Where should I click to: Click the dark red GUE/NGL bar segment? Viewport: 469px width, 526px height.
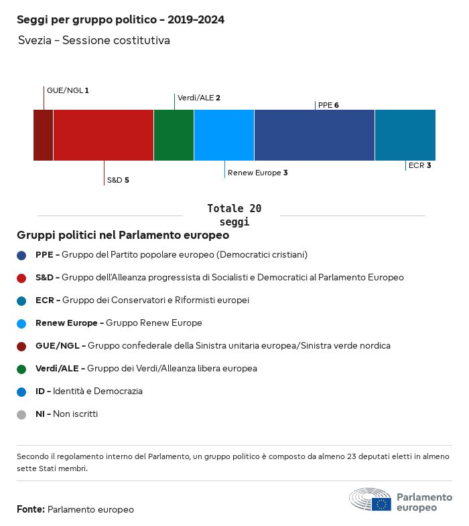click(44, 135)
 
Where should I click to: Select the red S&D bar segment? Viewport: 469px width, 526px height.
click(103, 135)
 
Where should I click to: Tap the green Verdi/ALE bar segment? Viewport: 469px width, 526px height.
click(174, 135)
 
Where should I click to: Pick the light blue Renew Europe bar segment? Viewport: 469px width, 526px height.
click(224, 135)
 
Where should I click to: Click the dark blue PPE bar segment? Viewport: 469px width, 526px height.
click(314, 135)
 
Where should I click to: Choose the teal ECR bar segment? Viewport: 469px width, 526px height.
click(405, 135)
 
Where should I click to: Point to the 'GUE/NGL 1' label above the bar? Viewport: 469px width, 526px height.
click(68, 90)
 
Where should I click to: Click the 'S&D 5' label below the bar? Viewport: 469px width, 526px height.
click(118, 180)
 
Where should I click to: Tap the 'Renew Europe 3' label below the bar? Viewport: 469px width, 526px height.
click(258, 173)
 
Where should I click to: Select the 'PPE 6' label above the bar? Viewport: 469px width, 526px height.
click(328, 105)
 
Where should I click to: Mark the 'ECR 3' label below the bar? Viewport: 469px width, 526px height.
click(419, 165)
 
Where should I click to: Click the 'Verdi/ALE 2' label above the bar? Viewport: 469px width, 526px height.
click(199, 98)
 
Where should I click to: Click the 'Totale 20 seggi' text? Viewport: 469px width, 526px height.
click(234, 215)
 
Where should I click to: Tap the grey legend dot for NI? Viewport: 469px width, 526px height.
click(21, 415)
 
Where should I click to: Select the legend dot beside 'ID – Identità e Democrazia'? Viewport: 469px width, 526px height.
click(21, 391)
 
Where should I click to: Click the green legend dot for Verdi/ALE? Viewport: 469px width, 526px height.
click(21, 369)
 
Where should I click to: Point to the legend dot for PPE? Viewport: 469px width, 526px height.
click(21, 255)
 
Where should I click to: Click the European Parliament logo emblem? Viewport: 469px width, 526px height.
click(371, 499)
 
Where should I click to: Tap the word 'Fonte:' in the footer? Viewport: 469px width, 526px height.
click(31, 509)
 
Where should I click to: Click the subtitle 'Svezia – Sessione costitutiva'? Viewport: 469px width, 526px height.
click(94, 40)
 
